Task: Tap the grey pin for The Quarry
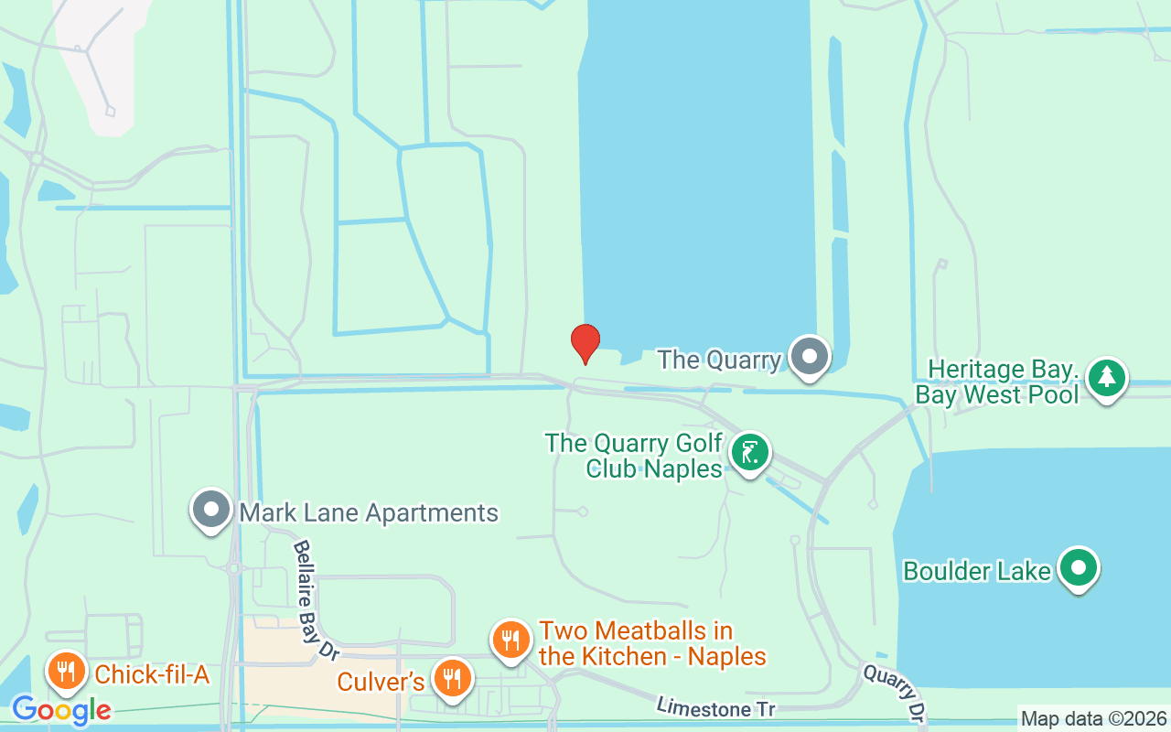click(809, 357)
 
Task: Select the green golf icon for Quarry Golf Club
click(750, 453)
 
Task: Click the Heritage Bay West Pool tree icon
click(1107, 377)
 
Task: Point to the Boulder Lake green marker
click(1079, 568)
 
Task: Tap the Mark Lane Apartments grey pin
click(212, 510)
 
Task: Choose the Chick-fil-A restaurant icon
click(65, 673)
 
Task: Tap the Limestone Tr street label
click(715, 707)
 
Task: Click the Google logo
click(61, 710)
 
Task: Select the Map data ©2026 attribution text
click(1094, 719)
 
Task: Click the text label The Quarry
click(719, 360)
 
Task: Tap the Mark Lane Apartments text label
click(369, 512)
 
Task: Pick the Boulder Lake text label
click(977, 571)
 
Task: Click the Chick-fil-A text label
click(152, 675)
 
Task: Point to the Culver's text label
click(381, 682)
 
